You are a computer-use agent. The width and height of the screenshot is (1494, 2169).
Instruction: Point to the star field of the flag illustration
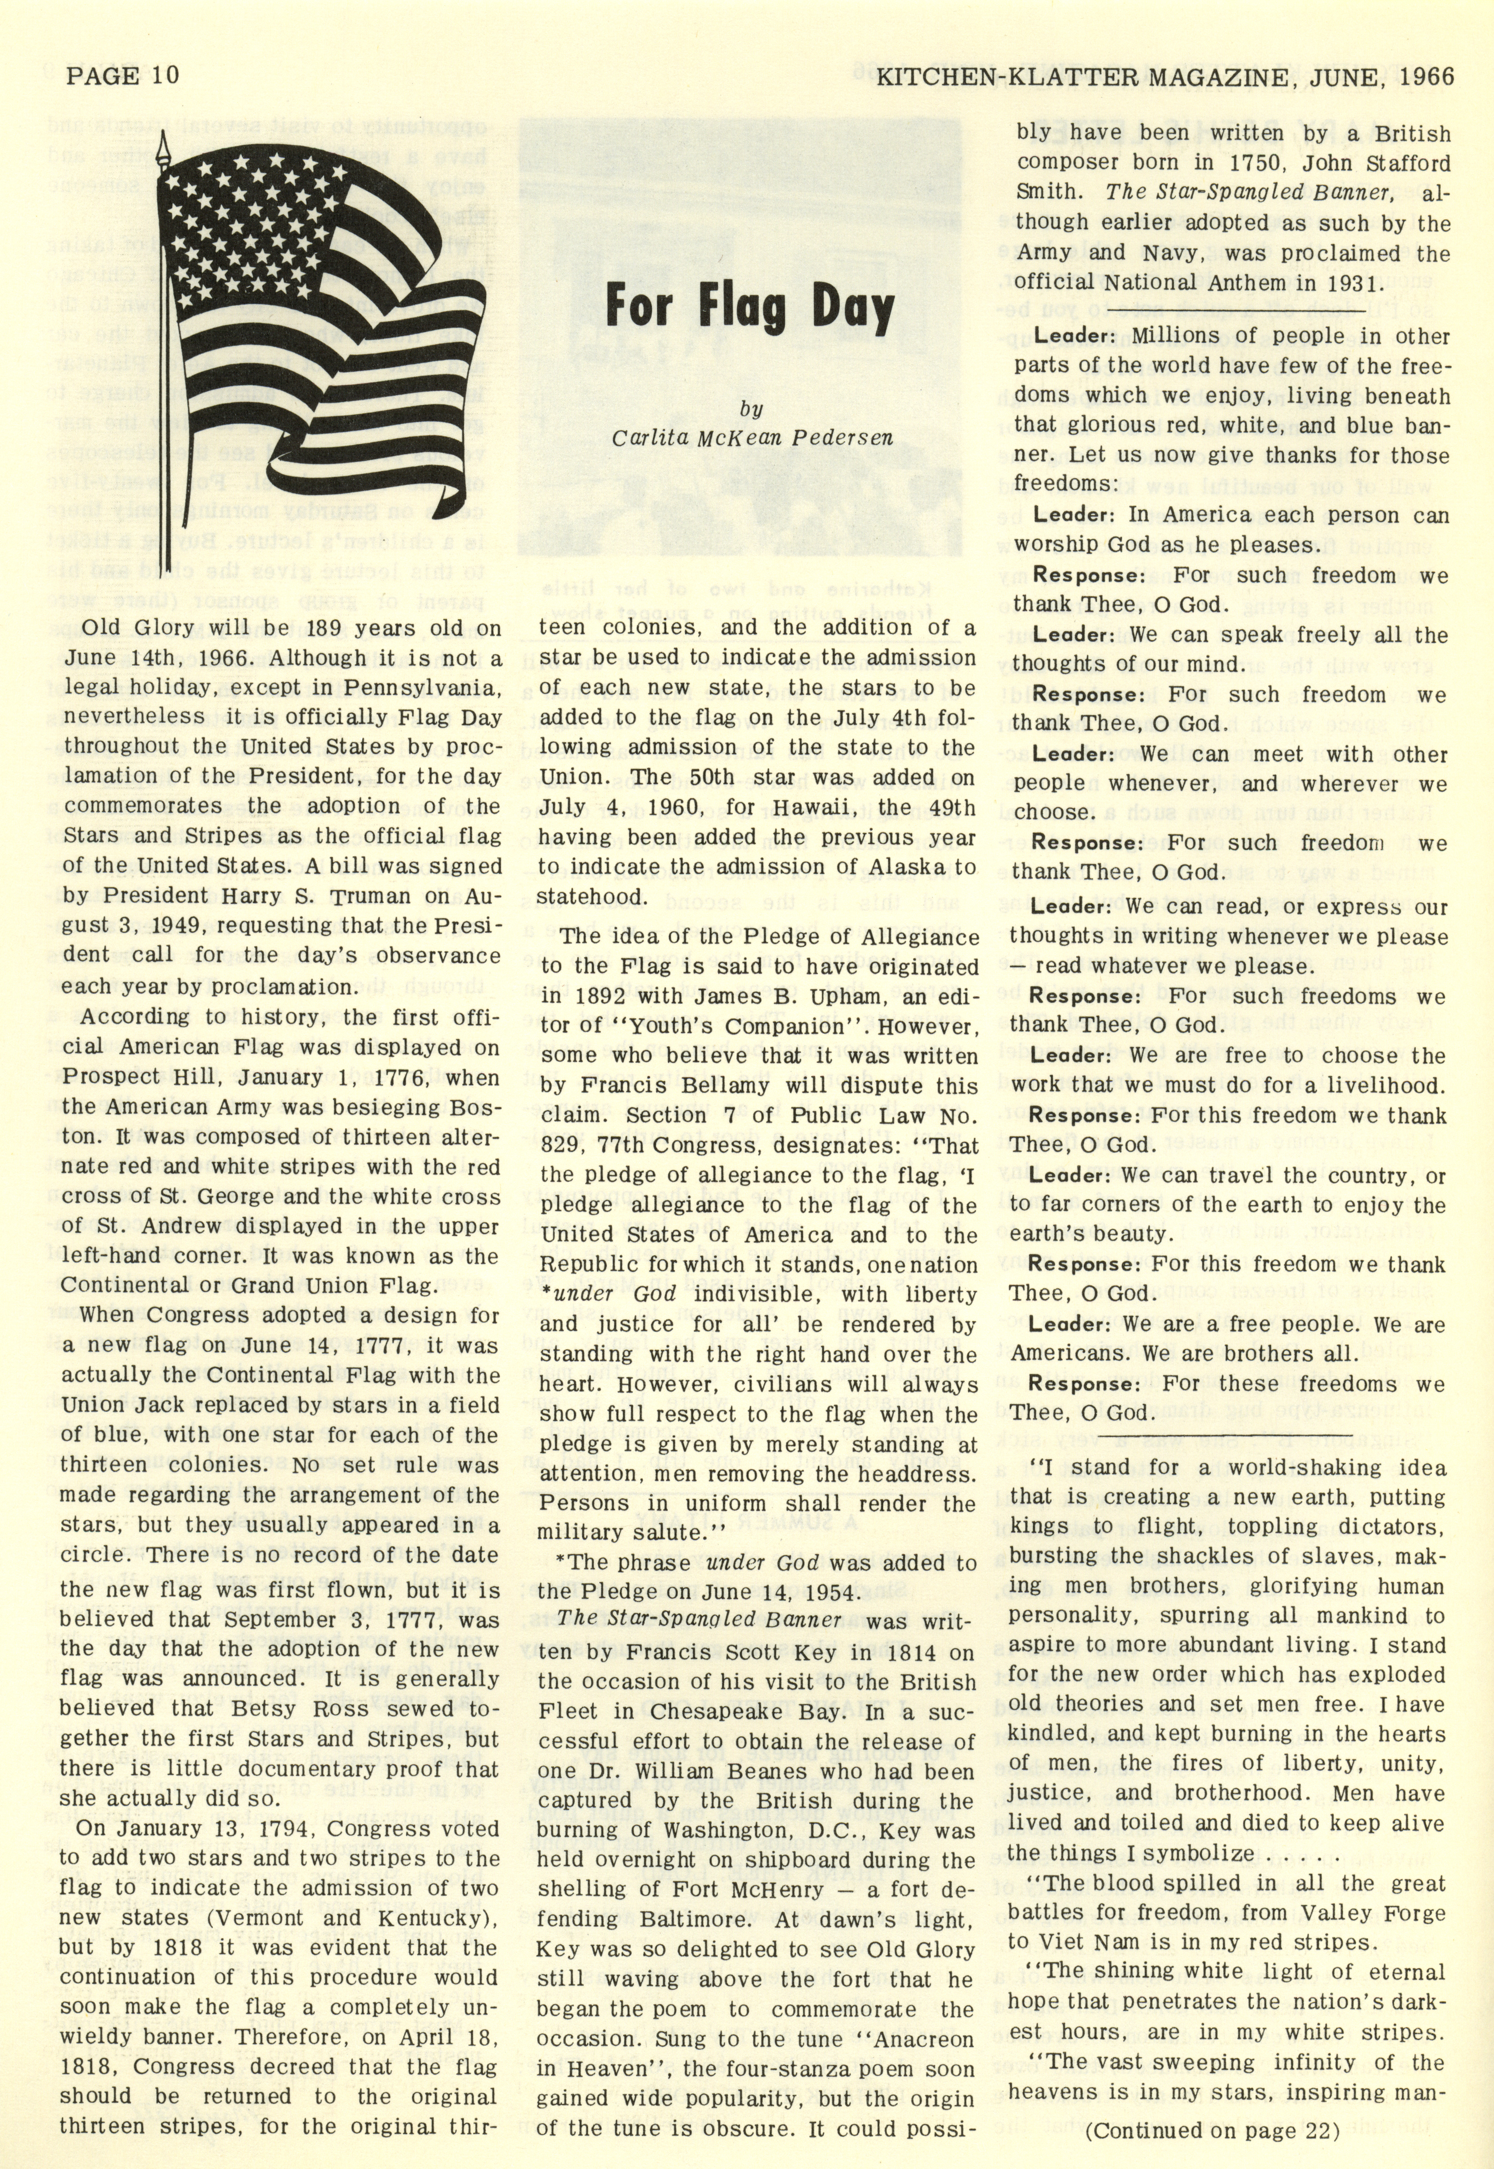[x=262, y=220]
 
